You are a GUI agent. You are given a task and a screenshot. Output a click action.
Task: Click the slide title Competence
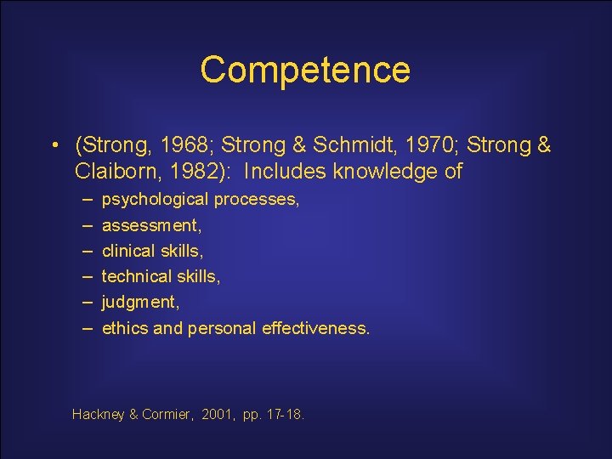[x=305, y=70]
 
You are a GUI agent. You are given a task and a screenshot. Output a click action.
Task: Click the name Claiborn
[x=110, y=171]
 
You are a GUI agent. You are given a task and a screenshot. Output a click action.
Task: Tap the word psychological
[x=155, y=201]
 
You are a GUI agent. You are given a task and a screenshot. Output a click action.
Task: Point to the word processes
[x=256, y=201]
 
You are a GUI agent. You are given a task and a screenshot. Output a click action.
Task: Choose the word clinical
[x=128, y=252]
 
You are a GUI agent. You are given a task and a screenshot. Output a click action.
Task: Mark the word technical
[x=134, y=277]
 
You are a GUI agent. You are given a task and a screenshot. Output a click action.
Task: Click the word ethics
[x=125, y=328]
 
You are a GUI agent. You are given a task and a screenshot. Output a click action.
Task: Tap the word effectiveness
[x=316, y=328]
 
